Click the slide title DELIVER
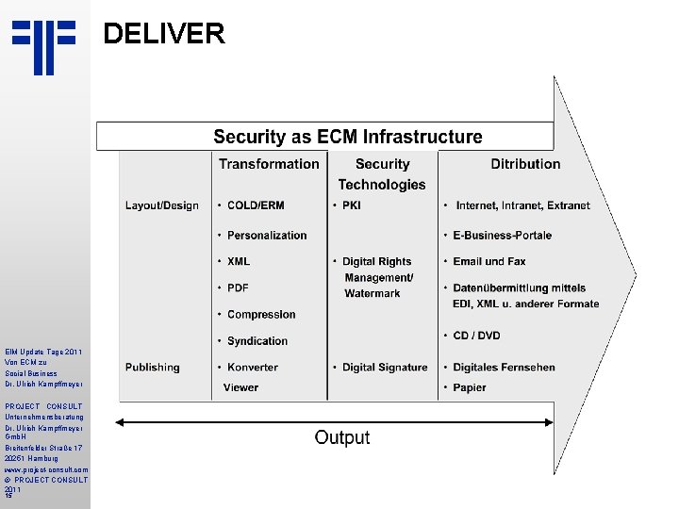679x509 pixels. [163, 34]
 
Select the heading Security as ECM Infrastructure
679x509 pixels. [347, 137]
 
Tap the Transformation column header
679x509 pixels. [269, 164]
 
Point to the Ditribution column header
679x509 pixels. [525, 164]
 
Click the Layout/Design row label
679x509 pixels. [161, 205]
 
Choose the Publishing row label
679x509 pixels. [152, 367]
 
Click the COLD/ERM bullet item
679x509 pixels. [256, 205]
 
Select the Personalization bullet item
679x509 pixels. [267, 235]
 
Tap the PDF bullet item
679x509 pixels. [238, 287]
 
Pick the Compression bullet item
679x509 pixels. [261, 314]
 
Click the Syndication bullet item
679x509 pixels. [257, 340]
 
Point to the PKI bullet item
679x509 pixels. [351, 205]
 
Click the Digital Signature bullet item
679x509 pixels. [385, 367]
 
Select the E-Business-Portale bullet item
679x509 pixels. [502, 235]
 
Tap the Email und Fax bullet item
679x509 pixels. [489, 261]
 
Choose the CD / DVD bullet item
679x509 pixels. [476, 335]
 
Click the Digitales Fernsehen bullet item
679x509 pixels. [504, 367]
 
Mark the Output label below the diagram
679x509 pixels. [342, 437]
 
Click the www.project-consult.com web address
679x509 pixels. [45, 468]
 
